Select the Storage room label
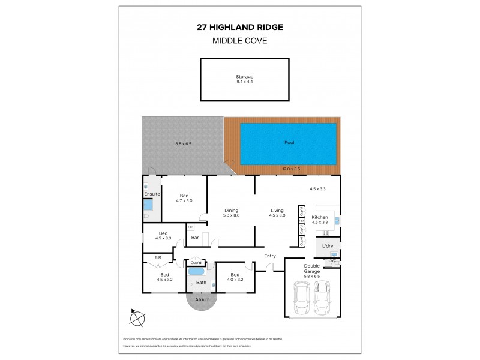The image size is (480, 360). point(244,76)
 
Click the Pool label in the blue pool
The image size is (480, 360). point(289,143)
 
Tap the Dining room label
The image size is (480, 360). point(232,210)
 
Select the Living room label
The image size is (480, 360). point(277,210)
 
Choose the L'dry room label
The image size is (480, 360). point(328,247)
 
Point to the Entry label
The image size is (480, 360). point(270,256)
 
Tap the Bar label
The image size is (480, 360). point(194,238)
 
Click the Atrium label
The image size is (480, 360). point(202,298)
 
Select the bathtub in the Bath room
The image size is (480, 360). point(196,271)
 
